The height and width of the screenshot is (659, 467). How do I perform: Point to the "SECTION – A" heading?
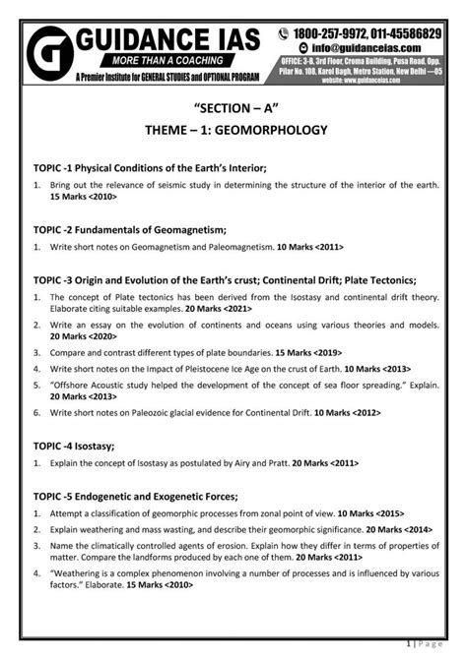233,105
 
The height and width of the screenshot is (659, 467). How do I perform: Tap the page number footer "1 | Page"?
436,645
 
